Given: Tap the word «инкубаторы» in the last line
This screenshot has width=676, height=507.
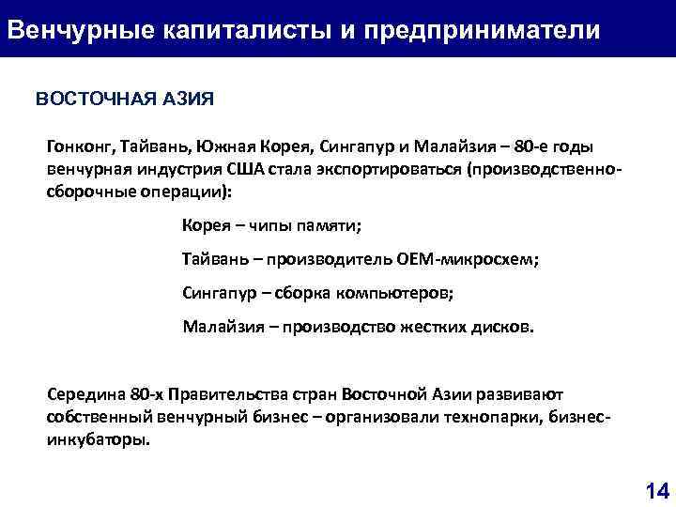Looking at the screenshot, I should tap(96, 439).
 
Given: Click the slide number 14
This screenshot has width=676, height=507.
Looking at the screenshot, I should tap(656, 489).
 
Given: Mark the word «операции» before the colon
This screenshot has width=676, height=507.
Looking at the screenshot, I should tap(185, 192).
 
